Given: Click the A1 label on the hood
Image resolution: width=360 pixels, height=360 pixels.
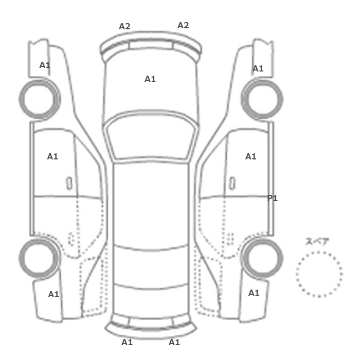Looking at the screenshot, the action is [x=150, y=79].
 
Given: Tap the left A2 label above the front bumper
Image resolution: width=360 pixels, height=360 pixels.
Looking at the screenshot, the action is [x=124, y=26].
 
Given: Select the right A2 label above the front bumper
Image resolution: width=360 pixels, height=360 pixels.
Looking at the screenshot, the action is [x=183, y=25].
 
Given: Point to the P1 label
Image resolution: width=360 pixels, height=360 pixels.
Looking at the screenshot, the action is [x=273, y=198].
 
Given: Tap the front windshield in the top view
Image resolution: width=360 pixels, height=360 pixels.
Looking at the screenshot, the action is [x=150, y=137].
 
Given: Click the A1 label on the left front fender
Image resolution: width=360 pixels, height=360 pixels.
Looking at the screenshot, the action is [x=45, y=65].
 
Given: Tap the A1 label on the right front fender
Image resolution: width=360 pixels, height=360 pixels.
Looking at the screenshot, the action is [x=258, y=68].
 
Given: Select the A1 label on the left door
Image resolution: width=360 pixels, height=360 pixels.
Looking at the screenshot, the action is [x=52, y=156].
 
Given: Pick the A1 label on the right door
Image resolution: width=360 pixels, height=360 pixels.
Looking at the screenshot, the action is [x=251, y=156].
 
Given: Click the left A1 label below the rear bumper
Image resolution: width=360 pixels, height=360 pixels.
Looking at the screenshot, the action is [x=127, y=343].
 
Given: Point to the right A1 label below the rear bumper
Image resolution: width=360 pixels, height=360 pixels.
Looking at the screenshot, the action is [x=174, y=343].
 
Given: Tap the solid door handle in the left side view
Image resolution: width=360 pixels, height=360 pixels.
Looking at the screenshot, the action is [x=69, y=184].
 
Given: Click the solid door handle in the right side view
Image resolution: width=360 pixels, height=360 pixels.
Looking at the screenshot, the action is [x=232, y=184].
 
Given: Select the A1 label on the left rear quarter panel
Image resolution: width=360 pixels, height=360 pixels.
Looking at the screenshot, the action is [x=53, y=294].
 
